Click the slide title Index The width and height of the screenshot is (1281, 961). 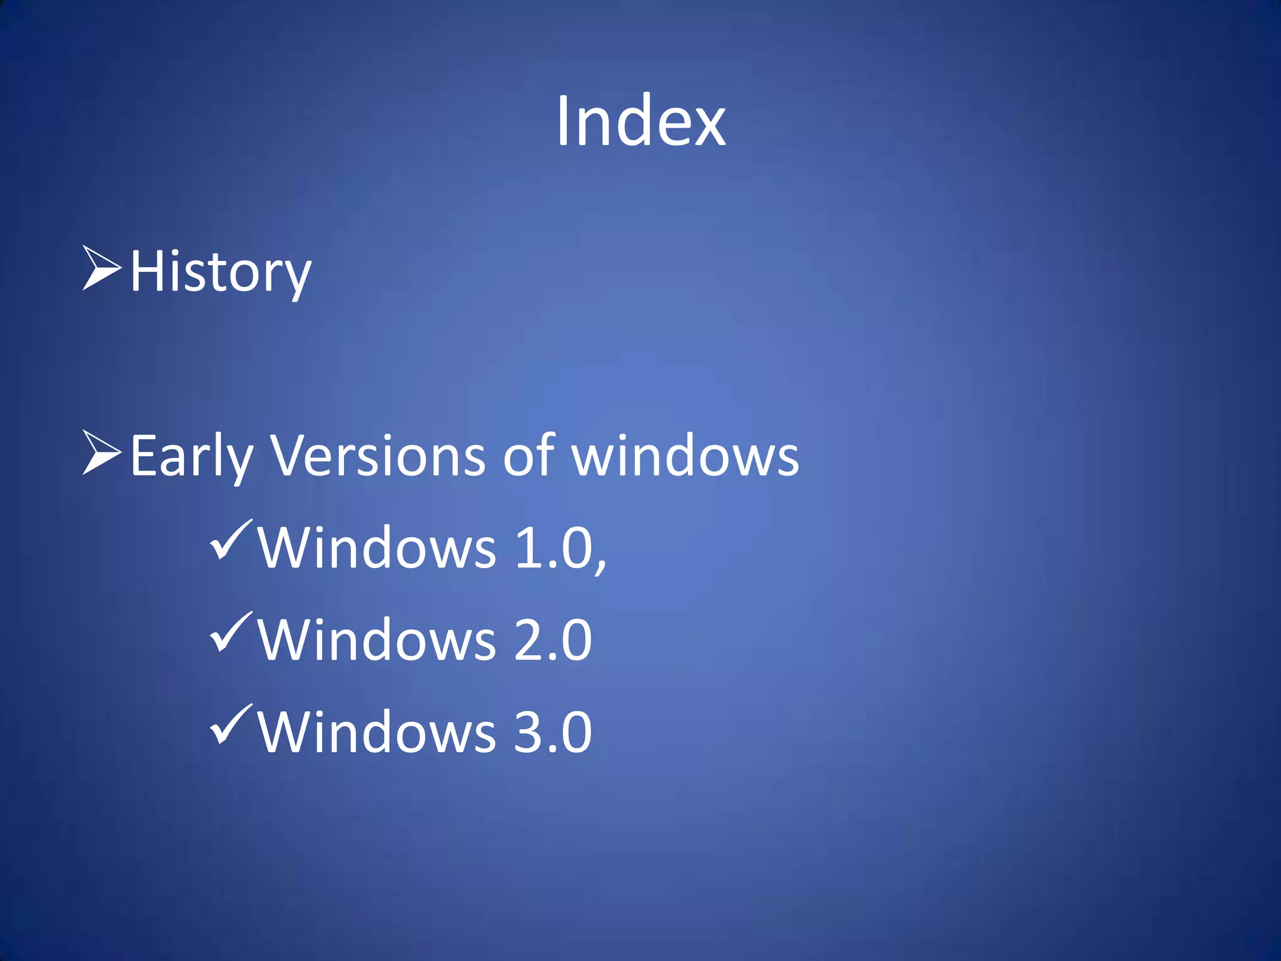point(640,121)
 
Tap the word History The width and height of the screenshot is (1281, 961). point(220,272)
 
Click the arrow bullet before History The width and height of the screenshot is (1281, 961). point(101,268)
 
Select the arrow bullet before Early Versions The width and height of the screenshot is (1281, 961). point(101,452)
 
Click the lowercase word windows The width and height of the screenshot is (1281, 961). point(686,455)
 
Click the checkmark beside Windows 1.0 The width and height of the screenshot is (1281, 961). point(231,540)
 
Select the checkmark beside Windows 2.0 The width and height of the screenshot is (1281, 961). point(231,632)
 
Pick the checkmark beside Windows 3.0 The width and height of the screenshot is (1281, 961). point(231,724)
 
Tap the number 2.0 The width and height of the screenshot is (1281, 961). point(553,640)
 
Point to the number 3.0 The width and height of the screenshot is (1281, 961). point(553,732)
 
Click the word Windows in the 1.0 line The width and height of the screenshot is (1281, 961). point(377,548)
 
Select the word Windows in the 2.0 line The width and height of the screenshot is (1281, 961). point(377,640)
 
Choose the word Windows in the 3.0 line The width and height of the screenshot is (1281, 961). point(377,732)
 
